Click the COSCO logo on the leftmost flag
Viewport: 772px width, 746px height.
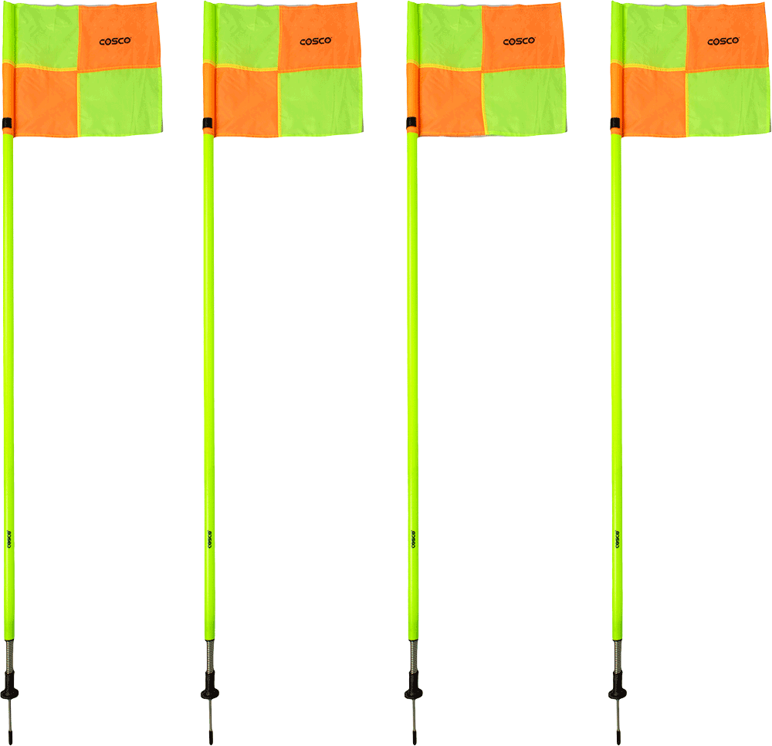click(x=115, y=42)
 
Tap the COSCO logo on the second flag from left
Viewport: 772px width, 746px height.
click(x=316, y=42)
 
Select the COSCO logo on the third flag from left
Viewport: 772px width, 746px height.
click(x=519, y=42)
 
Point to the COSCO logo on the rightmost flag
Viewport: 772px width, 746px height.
click(x=723, y=42)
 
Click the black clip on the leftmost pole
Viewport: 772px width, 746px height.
click(x=6, y=123)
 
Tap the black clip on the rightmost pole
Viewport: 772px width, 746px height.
click(x=615, y=123)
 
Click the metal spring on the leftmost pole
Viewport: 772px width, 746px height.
click(x=8, y=656)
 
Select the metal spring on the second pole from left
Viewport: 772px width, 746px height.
click(x=210, y=656)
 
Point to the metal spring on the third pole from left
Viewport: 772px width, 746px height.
click(x=414, y=656)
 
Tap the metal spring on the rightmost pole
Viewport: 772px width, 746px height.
click(x=618, y=656)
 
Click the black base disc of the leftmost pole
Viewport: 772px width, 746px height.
click(x=9, y=694)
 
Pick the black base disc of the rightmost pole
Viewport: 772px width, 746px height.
click(x=618, y=694)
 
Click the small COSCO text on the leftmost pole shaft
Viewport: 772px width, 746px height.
click(x=8, y=539)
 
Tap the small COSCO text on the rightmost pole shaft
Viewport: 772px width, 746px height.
click(x=617, y=539)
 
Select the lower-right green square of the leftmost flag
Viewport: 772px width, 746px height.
click(x=120, y=102)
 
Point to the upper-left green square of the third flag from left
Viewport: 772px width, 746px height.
click(x=450, y=35)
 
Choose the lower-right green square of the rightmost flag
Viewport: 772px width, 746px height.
click(x=728, y=102)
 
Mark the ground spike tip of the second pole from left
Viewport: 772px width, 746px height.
click(x=211, y=743)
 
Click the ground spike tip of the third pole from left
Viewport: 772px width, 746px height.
click(x=415, y=743)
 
